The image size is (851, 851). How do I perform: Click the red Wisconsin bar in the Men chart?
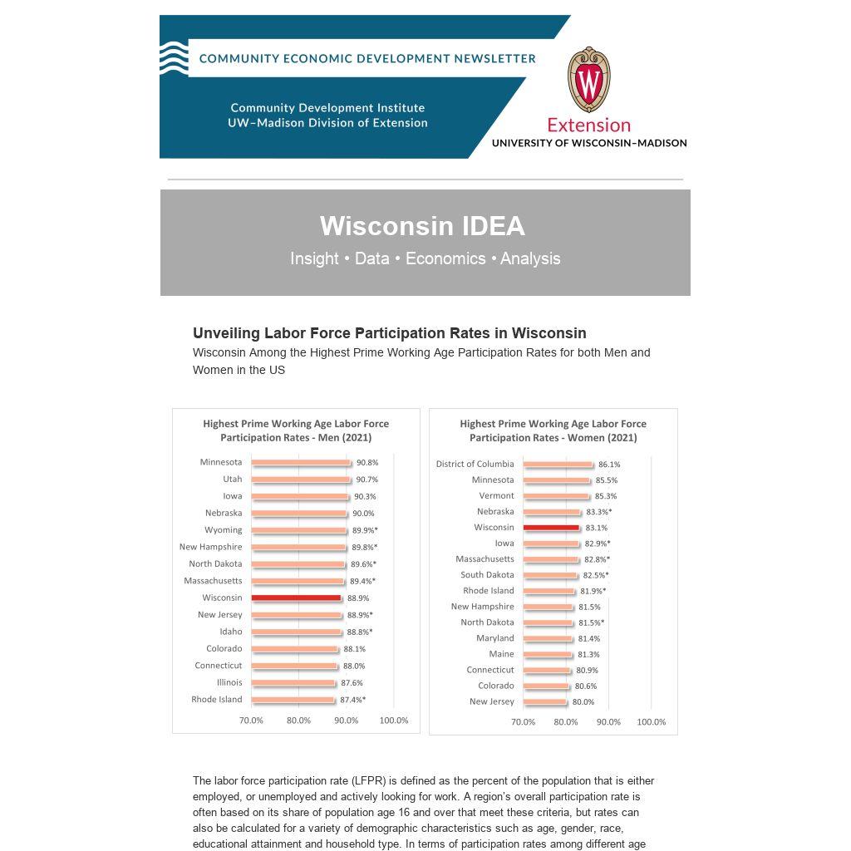(x=296, y=598)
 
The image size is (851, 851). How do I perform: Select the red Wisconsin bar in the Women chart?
(x=551, y=528)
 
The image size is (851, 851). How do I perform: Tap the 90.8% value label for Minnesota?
(x=367, y=463)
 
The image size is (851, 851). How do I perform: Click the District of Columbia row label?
(x=475, y=464)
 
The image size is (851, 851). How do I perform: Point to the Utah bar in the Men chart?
(x=301, y=480)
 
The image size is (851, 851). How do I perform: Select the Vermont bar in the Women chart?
(x=556, y=496)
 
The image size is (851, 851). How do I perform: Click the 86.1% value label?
(x=609, y=465)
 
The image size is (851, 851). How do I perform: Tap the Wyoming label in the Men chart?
(x=224, y=530)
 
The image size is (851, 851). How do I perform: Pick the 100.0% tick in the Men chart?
(x=394, y=721)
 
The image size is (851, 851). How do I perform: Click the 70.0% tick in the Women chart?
(x=523, y=722)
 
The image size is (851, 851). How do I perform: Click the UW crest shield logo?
(x=589, y=80)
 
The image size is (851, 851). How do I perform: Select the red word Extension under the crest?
(x=588, y=125)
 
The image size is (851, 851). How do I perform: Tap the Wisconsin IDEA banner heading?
(x=422, y=226)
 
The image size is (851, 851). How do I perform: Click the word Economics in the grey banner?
(x=445, y=258)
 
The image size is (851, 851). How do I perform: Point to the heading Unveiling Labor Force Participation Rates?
(x=390, y=333)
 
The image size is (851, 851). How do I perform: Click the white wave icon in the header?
(x=173, y=58)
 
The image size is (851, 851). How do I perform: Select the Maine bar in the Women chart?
(x=548, y=655)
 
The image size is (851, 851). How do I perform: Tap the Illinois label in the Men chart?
(x=229, y=682)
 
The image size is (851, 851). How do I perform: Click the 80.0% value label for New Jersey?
(x=583, y=702)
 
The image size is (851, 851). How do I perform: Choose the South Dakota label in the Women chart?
(x=487, y=575)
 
